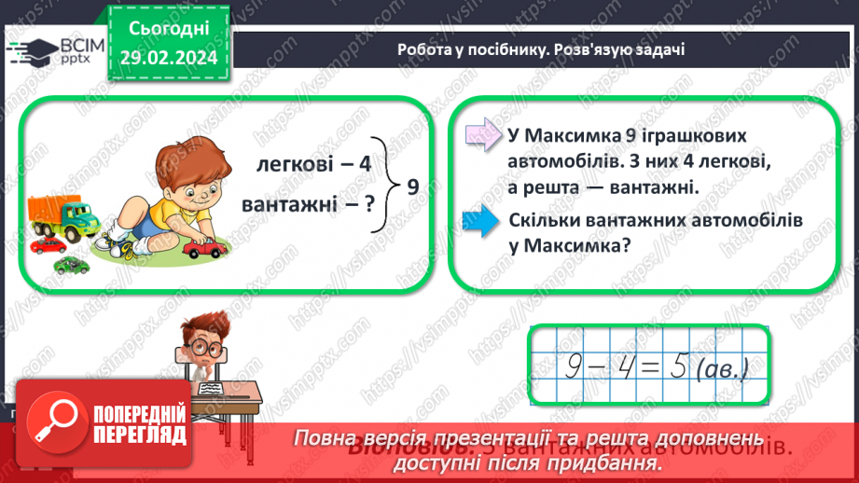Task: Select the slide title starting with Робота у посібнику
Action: click(x=541, y=49)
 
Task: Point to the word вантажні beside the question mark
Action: click(x=289, y=202)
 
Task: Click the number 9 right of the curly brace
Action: click(x=412, y=186)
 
